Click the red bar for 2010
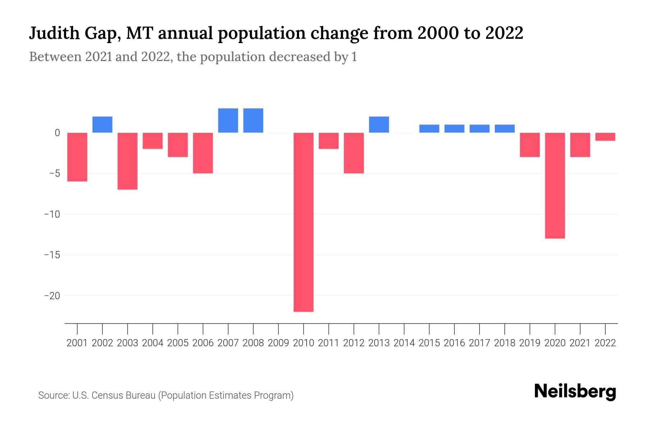pyautogui.click(x=303, y=222)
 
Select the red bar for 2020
pyautogui.click(x=555, y=185)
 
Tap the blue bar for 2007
pyautogui.click(x=228, y=120)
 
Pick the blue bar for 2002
pyautogui.click(x=102, y=125)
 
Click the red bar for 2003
pyautogui.click(x=128, y=161)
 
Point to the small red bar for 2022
pyautogui.click(x=605, y=136)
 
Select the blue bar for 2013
pyautogui.click(x=379, y=125)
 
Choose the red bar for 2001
pyautogui.click(x=77, y=157)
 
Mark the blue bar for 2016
pyautogui.click(x=454, y=129)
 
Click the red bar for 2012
pyautogui.click(x=354, y=153)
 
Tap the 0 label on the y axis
pyautogui.click(x=57, y=133)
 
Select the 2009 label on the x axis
pyautogui.click(x=278, y=343)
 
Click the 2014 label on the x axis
pyautogui.click(x=404, y=343)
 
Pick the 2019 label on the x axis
pyautogui.click(x=529, y=343)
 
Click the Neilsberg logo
pyautogui.click(x=575, y=391)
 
